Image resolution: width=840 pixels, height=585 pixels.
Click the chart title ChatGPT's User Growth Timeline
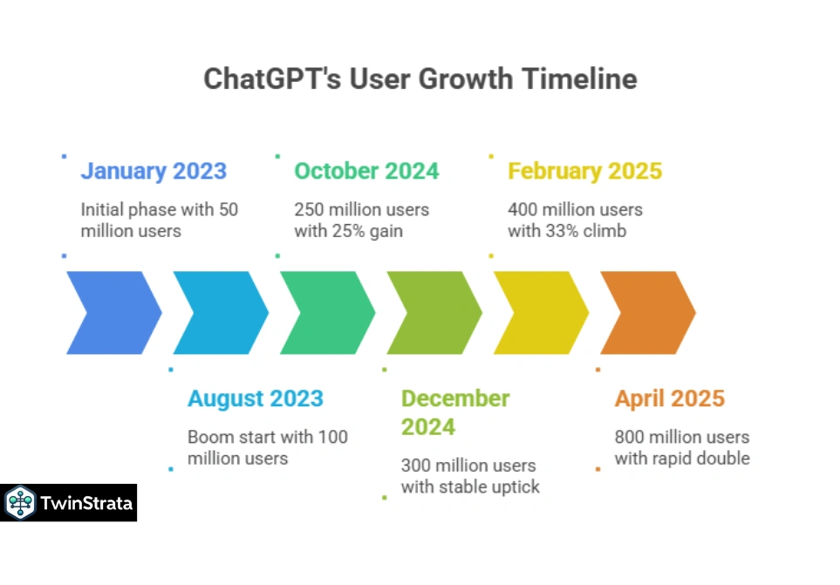coord(420,78)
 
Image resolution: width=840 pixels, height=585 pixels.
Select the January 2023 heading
coord(154,171)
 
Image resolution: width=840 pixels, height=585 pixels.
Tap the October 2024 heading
coord(366,171)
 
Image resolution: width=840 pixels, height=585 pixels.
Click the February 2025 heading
coord(584,171)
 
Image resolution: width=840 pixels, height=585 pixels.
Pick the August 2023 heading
coord(256,398)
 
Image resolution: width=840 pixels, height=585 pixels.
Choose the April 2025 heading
coord(669,398)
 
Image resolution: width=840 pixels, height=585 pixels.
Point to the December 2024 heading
coord(454,412)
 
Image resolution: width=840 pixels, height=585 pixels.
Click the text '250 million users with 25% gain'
coord(361,221)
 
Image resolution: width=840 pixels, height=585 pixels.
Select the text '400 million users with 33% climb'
coord(575,221)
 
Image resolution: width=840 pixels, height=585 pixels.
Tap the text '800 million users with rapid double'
coord(681,447)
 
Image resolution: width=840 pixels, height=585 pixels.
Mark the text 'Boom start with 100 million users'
coord(267,447)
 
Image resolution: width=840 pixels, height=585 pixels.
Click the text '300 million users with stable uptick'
coord(469,476)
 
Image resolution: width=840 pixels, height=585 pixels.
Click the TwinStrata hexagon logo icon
coord(19,503)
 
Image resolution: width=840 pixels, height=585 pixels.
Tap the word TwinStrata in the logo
coord(85,503)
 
